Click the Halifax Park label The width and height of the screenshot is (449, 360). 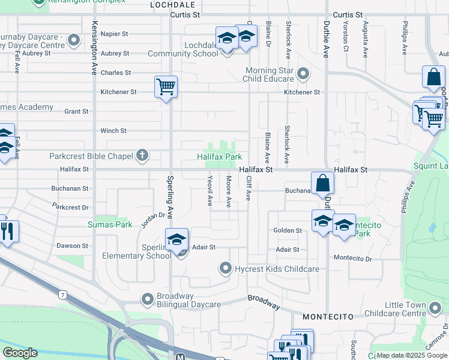coord(220,157)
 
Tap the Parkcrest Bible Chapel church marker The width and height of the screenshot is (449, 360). coord(142,156)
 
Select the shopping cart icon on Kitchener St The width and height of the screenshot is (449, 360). coord(166,86)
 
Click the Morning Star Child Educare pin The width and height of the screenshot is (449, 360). coord(303,74)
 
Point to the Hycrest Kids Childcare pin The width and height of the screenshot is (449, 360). coord(226,268)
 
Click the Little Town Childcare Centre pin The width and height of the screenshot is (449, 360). coord(435,308)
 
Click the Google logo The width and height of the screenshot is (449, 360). coord(20,353)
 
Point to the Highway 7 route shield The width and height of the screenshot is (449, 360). coord(62,294)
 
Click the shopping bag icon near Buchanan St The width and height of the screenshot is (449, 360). coord(322,183)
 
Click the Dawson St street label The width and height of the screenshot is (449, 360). coord(73,245)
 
